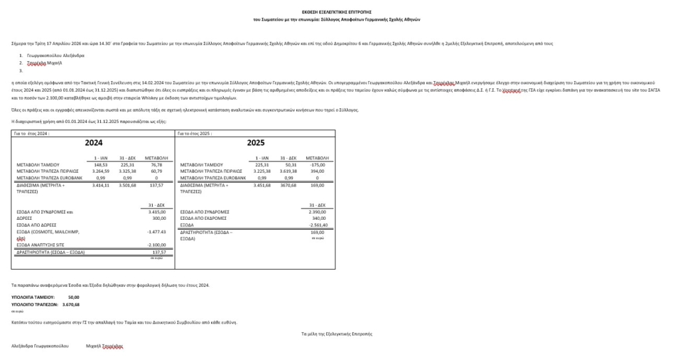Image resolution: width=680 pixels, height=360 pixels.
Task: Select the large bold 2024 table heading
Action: pos(94,142)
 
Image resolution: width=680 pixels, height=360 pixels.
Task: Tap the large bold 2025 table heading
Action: pos(256,142)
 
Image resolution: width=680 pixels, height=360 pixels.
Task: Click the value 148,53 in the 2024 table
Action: pos(100,164)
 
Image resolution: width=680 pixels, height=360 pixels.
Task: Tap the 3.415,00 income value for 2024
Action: pos(157,212)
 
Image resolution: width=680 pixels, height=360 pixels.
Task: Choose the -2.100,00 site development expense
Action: pos(156,244)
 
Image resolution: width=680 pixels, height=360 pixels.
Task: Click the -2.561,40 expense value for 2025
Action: pos(317,225)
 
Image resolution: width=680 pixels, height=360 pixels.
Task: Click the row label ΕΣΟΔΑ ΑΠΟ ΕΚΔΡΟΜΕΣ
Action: pos(205,218)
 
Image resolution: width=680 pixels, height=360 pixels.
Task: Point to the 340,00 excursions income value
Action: pos(319,218)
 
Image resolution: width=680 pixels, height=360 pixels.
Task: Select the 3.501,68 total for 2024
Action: pos(128,185)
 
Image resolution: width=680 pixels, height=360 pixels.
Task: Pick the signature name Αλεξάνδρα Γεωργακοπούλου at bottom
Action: pos(41,346)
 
